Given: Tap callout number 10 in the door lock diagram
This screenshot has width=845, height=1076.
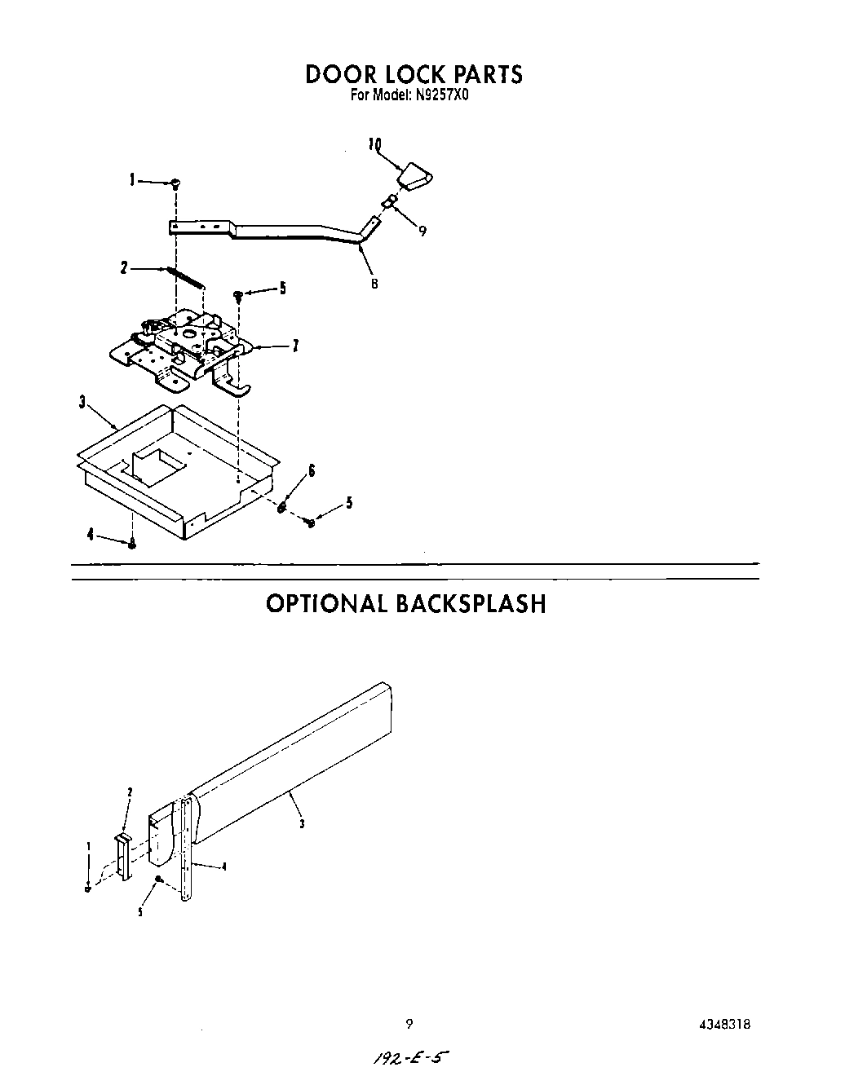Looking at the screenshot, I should [x=374, y=145].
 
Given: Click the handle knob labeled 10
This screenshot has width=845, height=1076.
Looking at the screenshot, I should [x=415, y=177].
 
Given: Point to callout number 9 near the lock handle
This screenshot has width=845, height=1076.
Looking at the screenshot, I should [x=422, y=231].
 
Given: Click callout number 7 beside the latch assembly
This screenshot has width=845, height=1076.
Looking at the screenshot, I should [x=294, y=346].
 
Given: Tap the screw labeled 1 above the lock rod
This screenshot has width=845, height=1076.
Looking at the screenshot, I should [x=175, y=184].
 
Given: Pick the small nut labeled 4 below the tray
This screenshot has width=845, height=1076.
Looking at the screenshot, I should [x=133, y=544].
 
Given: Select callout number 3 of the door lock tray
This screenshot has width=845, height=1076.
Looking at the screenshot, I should [x=83, y=402].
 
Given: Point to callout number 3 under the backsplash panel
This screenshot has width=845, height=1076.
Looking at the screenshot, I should [x=302, y=823].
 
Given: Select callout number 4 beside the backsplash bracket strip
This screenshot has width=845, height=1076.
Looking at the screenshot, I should [x=224, y=867].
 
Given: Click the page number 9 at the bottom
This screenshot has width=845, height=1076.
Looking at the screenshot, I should [x=409, y=1025].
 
